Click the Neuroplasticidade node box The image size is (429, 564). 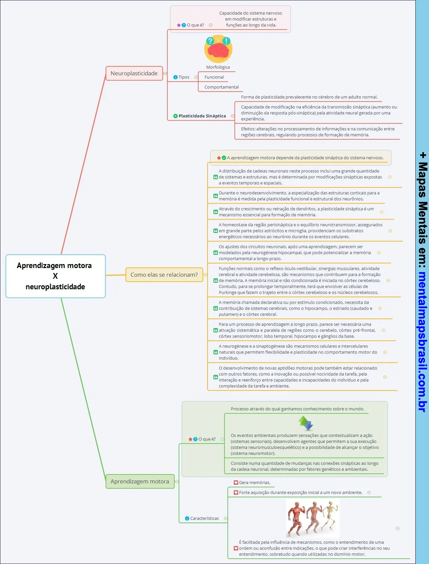(x=134, y=73)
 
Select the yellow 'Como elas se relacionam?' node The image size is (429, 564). (x=164, y=275)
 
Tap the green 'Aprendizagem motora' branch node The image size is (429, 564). (x=140, y=481)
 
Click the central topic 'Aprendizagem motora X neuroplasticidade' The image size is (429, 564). (x=55, y=276)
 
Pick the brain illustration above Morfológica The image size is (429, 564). (x=218, y=49)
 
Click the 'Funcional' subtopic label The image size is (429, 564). (x=214, y=77)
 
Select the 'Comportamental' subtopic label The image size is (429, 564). (x=221, y=87)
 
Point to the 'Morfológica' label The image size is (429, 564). (x=218, y=67)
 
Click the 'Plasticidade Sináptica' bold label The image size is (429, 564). (x=202, y=116)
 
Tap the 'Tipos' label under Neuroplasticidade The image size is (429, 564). (x=184, y=77)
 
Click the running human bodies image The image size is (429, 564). (x=312, y=518)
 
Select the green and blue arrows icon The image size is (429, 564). (x=306, y=423)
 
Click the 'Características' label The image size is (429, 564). (x=205, y=518)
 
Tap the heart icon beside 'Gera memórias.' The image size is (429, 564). (x=236, y=483)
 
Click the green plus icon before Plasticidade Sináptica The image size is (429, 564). (x=175, y=116)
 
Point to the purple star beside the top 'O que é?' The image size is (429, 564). (x=179, y=25)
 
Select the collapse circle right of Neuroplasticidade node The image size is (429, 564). (x=165, y=73)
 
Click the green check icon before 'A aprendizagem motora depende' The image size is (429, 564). (x=224, y=158)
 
